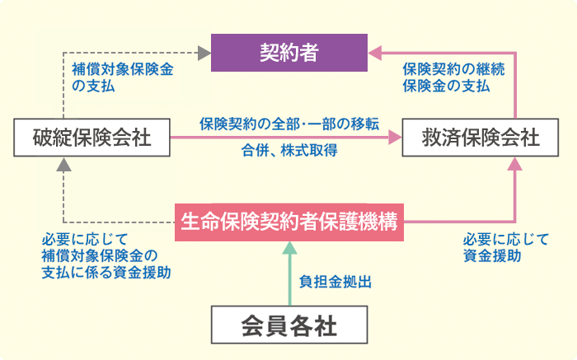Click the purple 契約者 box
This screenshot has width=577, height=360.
point(289,53)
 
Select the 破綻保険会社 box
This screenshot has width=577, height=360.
point(92,138)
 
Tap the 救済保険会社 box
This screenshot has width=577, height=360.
point(481,138)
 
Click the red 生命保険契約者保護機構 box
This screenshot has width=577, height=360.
point(289,222)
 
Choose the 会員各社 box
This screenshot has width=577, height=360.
point(289,325)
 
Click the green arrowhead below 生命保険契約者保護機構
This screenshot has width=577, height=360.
point(289,248)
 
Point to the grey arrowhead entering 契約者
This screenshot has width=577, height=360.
point(204,53)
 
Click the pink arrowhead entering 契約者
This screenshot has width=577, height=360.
point(374,53)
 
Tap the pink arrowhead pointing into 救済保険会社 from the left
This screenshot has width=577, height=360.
point(395,138)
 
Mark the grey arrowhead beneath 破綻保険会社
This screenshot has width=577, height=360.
point(64,165)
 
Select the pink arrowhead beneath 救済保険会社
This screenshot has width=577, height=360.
point(515,164)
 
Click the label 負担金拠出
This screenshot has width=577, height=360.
point(335,282)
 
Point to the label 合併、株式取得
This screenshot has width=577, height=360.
point(289,150)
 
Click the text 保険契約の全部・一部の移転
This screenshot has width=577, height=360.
point(289,124)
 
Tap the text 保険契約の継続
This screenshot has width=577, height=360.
point(453,69)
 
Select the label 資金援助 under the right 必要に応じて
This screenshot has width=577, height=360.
point(492,255)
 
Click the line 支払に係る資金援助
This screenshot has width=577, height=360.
point(106,273)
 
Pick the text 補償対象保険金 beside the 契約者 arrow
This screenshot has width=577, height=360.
point(123,69)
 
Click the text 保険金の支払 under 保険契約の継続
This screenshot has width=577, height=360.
point(446,86)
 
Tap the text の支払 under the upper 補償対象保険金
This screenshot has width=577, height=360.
point(93,86)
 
